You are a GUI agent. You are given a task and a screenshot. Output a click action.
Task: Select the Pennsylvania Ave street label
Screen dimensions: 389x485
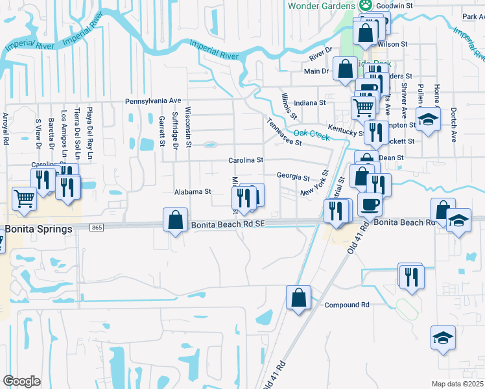pyautogui.click(x=153, y=102)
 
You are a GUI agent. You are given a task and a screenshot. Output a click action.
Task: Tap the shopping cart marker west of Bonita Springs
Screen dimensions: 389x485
pyautogui.click(x=25, y=198)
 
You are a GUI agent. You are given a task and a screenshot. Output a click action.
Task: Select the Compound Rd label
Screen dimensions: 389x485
pyautogui.click(x=346, y=305)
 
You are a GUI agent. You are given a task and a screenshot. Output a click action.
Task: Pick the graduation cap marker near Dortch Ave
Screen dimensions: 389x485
pyautogui.click(x=427, y=119)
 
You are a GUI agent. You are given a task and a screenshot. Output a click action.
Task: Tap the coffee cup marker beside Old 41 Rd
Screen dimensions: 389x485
pyautogui.click(x=370, y=204)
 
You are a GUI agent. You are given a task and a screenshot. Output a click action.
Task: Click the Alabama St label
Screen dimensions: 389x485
pyautogui.click(x=193, y=192)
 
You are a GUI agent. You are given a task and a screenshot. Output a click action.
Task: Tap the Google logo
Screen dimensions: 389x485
pyautogui.click(x=22, y=381)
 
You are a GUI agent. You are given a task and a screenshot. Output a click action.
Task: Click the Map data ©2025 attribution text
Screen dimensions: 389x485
pyautogui.click(x=457, y=384)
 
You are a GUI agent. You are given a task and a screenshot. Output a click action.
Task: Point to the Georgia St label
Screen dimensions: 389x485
pyautogui.click(x=294, y=176)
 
